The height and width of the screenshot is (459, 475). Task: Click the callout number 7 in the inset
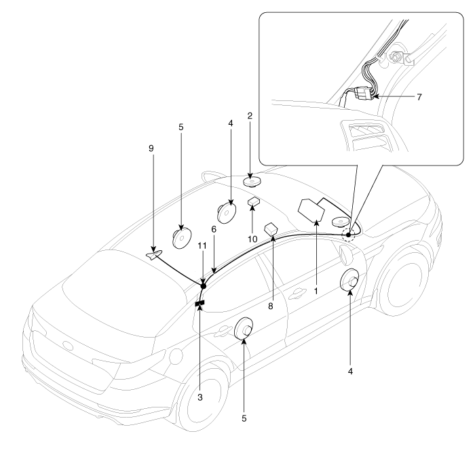[419, 97]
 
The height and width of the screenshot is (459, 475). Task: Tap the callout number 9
[151, 148]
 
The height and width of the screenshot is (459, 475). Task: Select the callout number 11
[202, 245]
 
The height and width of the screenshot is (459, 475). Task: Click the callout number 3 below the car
[200, 397]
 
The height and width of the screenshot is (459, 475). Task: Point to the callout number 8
[271, 306]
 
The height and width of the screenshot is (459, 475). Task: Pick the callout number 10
[252, 239]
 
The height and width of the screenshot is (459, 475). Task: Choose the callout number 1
[316, 291]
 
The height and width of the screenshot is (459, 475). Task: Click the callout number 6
[214, 229]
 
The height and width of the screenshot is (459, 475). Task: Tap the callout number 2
[250, 116]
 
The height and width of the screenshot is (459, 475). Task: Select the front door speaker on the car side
[349, 280]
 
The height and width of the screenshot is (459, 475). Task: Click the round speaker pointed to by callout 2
[252, 182]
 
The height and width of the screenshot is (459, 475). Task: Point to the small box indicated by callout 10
[254, 201]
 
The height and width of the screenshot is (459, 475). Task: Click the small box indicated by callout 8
[271, 228]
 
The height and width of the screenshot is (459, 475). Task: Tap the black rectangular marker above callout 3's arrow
[199, 303]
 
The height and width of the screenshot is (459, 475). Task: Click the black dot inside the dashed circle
[348, 235]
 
